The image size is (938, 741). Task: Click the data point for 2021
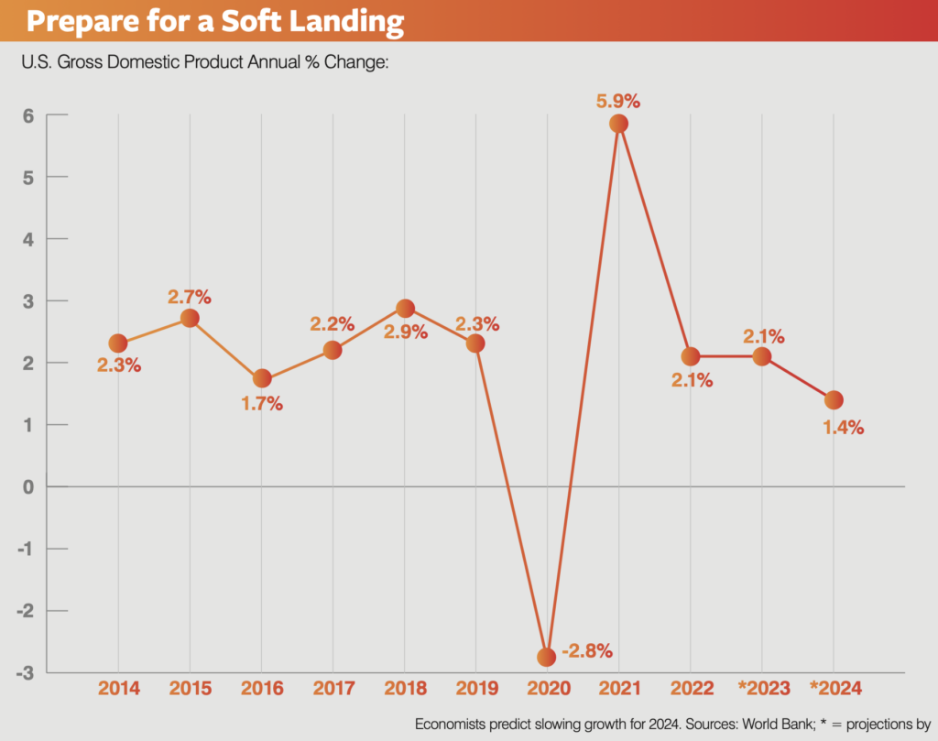(x=618, y=124)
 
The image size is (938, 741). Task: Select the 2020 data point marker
(x=547, y=657)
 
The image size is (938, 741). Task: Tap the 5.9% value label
(x=619, y=94)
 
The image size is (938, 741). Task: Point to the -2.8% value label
(x=587, y=651)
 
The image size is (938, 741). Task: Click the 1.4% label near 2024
(x=843, y=427)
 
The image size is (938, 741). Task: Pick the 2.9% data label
(x=406, y=332)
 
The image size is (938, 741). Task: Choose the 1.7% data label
(x=262, y=402)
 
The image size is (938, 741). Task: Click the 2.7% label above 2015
(x=190, y=297)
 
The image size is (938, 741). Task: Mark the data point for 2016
(x=262, y=378)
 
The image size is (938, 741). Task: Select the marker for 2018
(x=405, y=308)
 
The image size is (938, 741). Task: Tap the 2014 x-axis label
(x=118, y=688)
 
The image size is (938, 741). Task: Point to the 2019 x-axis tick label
(x=475, y=688)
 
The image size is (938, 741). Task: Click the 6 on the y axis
(x=28, y=115)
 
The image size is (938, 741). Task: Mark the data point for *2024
(x=834, y=400)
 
